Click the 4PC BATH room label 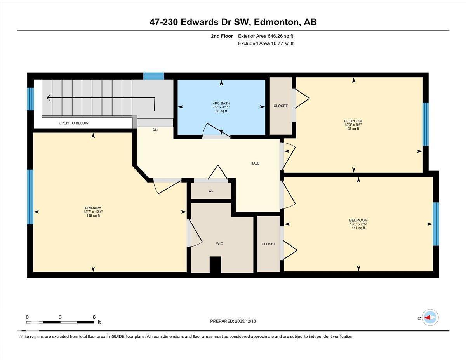tap(221, 103)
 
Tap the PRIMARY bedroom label tap(93, 208)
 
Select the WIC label tap(219, 244)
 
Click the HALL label tap(255, 163)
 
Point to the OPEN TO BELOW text tap(73, 123)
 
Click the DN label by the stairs tap(155, 130)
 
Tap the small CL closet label tap(211, 191)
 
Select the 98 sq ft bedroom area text tap(353, 129)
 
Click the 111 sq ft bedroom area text tap(358, 228)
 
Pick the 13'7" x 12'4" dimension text tap(93, 212)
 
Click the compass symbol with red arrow tap(430, 317)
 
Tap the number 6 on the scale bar tap(94, 317)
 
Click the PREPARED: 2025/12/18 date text tap(233, 321)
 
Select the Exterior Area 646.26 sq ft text tap(266, 36)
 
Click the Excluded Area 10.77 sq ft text tap(266, 43)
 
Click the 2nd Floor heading tap(222, 36)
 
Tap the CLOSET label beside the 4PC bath tap(280, 106)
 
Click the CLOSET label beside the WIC tap(268, 244)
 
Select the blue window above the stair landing tap(153, 76)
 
